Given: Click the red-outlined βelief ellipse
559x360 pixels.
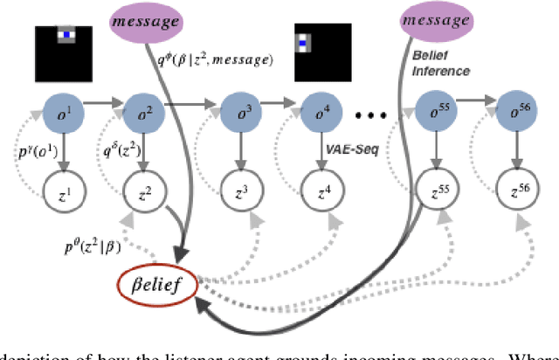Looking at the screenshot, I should point(157,286).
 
